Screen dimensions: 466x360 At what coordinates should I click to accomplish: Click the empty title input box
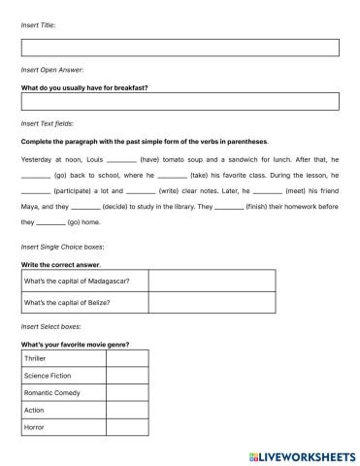point(180,48)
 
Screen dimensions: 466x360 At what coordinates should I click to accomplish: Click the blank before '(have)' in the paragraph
point(121,158)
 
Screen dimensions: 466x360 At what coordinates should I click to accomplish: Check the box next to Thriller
point(126,358)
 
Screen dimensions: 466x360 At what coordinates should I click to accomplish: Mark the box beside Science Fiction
point(126,376)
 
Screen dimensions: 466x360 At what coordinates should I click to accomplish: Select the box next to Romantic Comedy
point(126,393)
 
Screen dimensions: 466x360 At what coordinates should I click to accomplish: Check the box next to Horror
point(126,427)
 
